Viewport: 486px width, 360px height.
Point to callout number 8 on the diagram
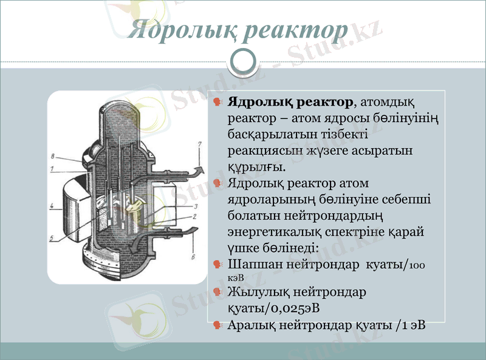[53, 155]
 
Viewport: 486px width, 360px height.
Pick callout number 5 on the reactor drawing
[52, 238]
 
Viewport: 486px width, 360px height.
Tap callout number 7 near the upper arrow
[200, 144]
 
